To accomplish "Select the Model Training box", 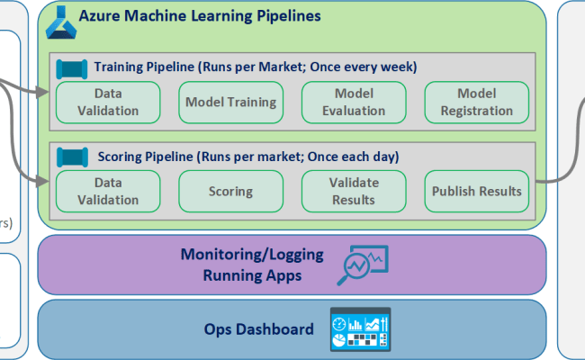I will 230,102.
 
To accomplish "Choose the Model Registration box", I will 476,102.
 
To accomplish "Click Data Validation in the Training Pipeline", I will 108,102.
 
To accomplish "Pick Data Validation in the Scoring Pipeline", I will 108,191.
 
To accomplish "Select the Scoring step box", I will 230,191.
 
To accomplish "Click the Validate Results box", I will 354,191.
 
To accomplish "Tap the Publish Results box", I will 476,191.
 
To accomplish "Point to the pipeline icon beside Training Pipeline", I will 71,67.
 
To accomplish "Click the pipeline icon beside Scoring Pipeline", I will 71,157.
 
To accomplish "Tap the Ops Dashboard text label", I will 260,329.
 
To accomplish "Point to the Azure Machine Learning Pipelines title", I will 200,16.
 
